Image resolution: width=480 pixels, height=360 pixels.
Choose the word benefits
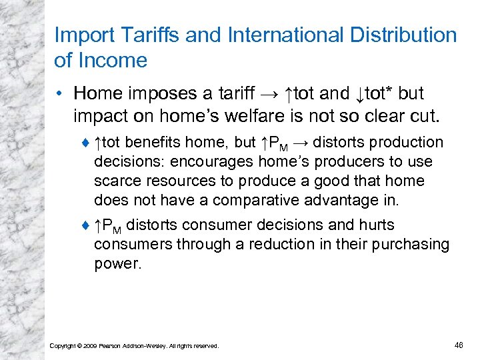tap(156, 143)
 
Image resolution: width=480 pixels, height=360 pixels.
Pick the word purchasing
tap(406, 245)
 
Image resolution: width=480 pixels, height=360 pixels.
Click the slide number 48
tap(458, 345)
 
